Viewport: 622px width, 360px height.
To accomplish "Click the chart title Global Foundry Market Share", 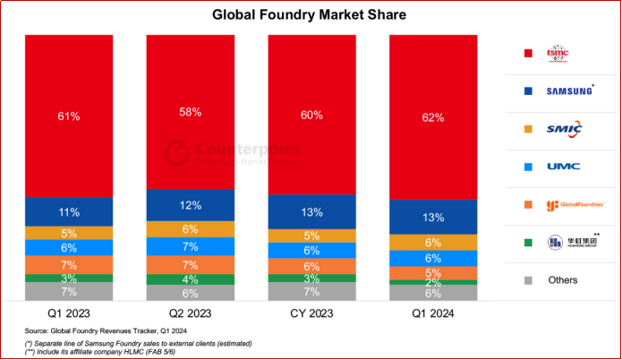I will (x=311, y=15).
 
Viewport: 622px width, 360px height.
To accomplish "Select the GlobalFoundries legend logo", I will (x=573, y=204).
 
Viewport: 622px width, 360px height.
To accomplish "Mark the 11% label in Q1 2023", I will (x=70, y=212).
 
